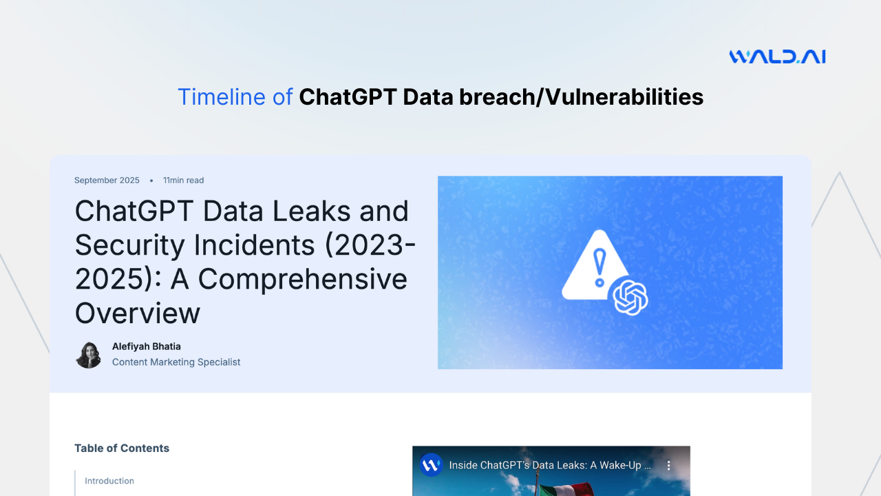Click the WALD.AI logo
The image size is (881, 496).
(x=777, y=56)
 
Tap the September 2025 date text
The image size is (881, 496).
(x=107, y=180)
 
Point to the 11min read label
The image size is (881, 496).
(x=183, y=180)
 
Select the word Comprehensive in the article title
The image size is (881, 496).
(x=303, y=279)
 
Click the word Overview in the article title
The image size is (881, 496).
(x=138, y=313)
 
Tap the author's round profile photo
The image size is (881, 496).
(x=88, y=355)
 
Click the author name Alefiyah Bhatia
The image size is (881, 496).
(x=147, y=347)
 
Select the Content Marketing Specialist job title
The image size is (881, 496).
(x=176, y=362)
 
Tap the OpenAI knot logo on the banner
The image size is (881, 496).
(x=630, y=298)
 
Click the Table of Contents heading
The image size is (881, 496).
(x=122, y=448)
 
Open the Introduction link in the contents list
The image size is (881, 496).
(x=109, y=481)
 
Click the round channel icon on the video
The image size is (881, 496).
(x=431, y=465)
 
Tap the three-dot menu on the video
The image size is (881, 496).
(x=668, y=466)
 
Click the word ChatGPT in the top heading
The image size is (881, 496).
(x=348, y=97)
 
